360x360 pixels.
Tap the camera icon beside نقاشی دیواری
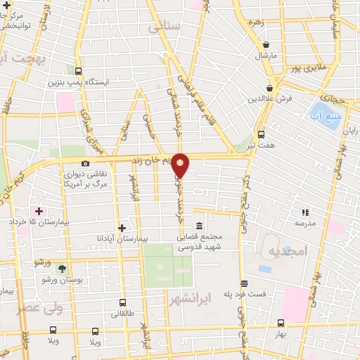click(x=86, y=164)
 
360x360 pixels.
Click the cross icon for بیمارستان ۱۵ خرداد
click(x=39, y=211)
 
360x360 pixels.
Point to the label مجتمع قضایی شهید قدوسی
click(x=199, y=242)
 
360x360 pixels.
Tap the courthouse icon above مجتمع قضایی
click(x=200, y=226)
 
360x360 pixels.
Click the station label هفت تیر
click(x=262, y=145)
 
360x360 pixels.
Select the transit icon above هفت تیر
click(x=262, y=134)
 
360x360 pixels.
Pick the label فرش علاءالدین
click(x=264, y=98)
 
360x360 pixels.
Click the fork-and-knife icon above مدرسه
click(x=304, y=212)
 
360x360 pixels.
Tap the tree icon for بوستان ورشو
click(x=61, y=269)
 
